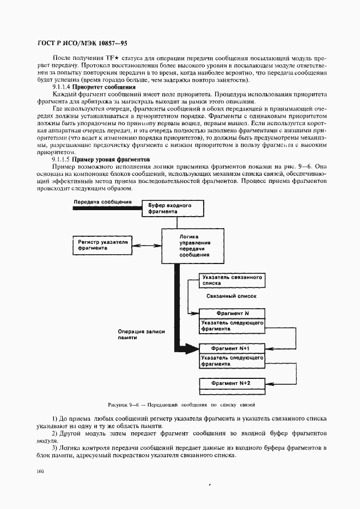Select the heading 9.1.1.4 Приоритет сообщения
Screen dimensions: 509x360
pos(94,87)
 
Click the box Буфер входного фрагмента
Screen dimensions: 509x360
pos(173,208)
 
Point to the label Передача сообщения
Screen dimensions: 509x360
pos(102,202)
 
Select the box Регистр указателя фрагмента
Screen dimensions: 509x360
pos(103,244)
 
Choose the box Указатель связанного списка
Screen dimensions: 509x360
pos(231,280)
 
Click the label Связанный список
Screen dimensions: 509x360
pos(231,296)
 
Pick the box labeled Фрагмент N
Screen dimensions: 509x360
pos(232,314)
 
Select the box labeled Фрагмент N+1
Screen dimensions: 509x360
pos(232,347)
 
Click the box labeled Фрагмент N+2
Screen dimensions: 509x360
pos(232,383)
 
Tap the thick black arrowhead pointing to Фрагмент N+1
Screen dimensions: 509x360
pos(192,347)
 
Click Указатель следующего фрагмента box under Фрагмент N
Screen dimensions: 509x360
pos(232,326)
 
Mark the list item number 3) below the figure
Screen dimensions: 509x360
pos(55,447)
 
